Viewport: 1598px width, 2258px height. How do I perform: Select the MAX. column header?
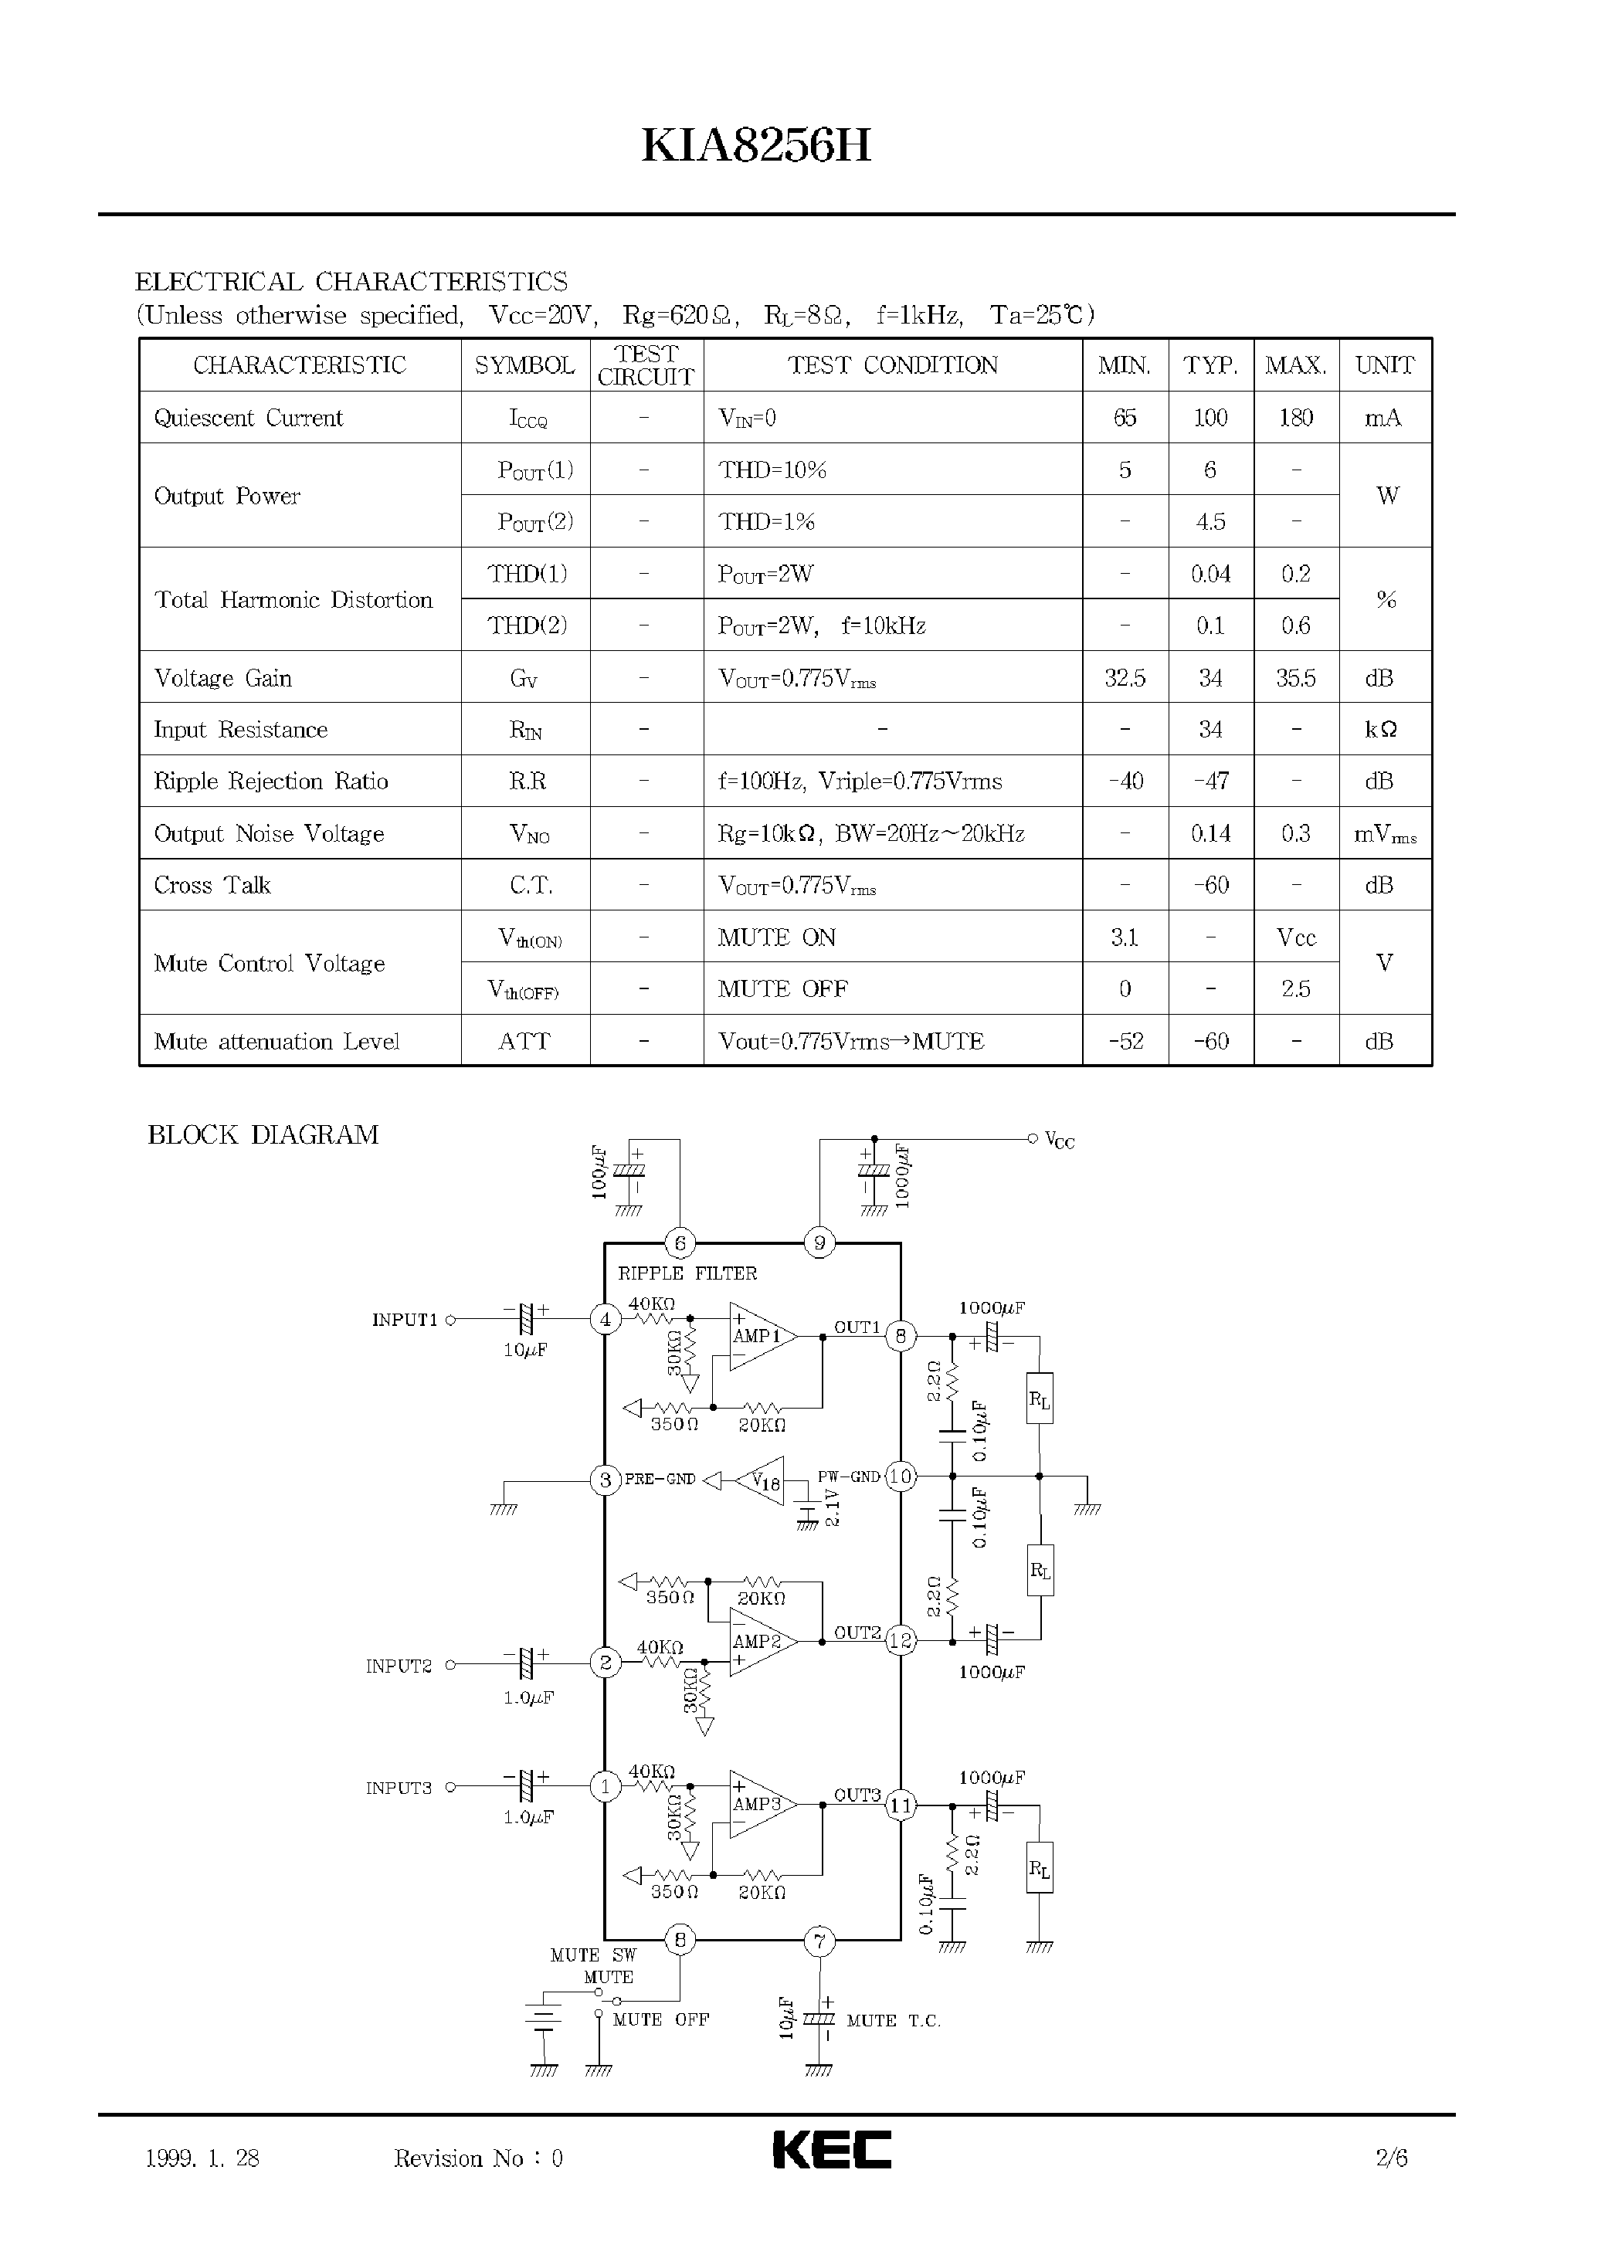coord(1295,365)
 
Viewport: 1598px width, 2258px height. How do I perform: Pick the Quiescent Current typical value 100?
coord(1210,417)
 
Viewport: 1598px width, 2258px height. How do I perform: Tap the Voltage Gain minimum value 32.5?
coord(1124,678)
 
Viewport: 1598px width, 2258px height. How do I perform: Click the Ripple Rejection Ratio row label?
coord(270,781)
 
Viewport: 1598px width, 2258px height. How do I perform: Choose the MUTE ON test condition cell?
coord(776,937)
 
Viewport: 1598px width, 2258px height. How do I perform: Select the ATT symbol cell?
coord(524,1041)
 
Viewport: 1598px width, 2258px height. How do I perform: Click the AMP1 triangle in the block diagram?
coord(758,1336)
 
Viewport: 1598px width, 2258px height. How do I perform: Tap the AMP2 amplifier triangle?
coord(758,1642)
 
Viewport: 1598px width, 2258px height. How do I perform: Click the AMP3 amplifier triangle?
coord(758,1805)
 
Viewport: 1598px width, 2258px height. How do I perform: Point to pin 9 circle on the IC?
coord(819,1243)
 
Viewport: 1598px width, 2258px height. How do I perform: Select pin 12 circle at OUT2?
coord(901,1640)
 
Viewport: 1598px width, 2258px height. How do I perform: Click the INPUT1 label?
coord(403,1321)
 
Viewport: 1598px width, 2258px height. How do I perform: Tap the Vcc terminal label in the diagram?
coord(1059,1141)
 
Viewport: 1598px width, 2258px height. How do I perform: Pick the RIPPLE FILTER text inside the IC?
coord(687,1273)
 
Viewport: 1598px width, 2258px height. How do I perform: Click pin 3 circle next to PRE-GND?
coord(606,1480)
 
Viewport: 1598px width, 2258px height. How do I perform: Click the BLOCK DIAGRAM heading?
coord(263,1134)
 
